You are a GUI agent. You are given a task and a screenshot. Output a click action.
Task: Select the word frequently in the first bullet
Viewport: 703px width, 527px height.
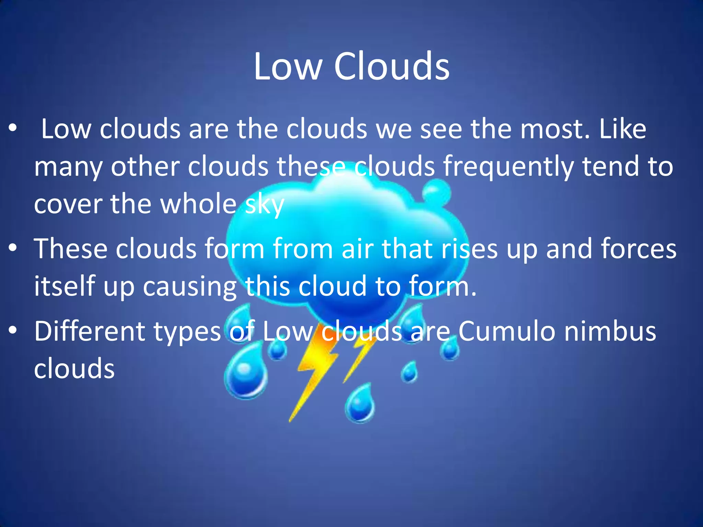[x=508, y=167]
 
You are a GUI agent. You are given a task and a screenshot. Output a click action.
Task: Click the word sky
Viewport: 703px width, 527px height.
[x=264, y=205]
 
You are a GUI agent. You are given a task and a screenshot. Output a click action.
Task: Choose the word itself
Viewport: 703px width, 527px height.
[x=64, y=286]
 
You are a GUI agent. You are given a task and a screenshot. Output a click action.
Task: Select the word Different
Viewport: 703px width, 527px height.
[x=90, y=331]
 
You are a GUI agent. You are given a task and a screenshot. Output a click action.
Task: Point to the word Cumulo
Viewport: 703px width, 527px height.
[x=506, y=331]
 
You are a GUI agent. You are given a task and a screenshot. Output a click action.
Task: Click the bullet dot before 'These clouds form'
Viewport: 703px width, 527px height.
[x=13, y=248]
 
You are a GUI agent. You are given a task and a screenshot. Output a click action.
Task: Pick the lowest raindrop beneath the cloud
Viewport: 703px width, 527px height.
[x=360, y=403]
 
